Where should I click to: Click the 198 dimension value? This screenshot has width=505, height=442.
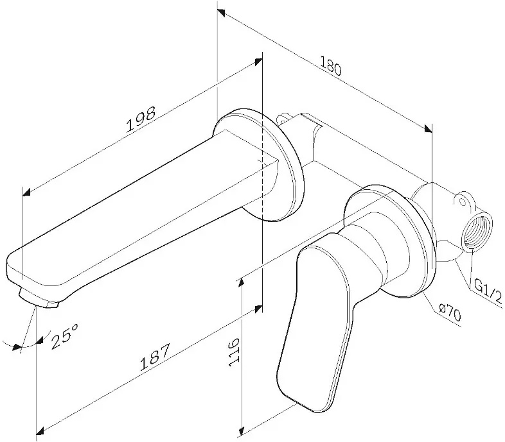(x=141, y=119)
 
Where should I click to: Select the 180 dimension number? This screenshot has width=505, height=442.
(x=330, y=66)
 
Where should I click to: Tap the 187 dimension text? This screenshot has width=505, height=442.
(x=155, y=357)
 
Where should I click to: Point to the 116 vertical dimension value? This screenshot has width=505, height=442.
(x=234, y=352)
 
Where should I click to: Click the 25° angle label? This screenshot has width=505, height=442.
(x=65, y=336)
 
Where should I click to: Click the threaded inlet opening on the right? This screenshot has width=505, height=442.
(x=477, y=231)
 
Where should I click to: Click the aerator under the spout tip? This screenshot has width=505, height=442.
(x=39, y=299)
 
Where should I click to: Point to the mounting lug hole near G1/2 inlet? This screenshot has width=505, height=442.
(x=463, y=201)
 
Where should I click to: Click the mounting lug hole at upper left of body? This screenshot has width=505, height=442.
(x=283, y=120)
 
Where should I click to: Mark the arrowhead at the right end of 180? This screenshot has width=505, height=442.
(x=429, y=128)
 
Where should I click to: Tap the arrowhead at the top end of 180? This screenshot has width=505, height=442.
(x=221, y=13)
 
